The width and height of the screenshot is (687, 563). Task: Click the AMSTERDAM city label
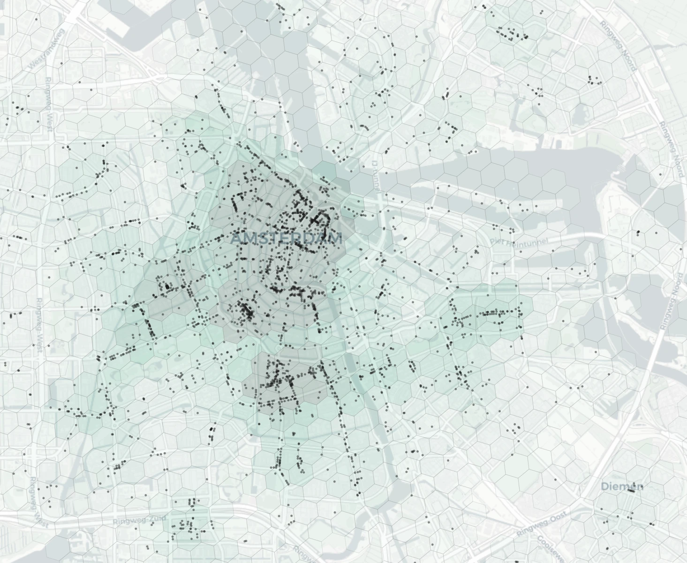tap(287, 238)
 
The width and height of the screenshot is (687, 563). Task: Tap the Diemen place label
tap(622, 486)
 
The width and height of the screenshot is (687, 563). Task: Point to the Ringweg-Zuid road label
tap(136, 520)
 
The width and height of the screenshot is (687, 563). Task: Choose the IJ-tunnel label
tap(376, 176)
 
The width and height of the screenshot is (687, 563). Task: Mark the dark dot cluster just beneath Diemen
tap(631, 491)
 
